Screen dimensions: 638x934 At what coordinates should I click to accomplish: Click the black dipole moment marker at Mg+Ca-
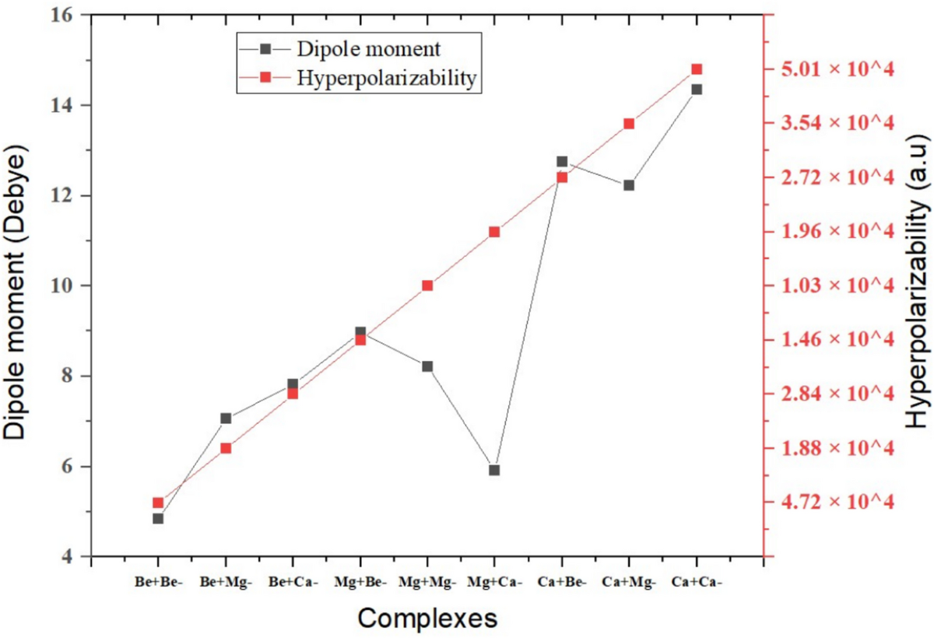tap(494, 470)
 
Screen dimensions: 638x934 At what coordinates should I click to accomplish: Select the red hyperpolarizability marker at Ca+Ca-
tap(697, 69)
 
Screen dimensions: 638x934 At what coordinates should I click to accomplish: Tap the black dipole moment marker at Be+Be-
tap(158, 518)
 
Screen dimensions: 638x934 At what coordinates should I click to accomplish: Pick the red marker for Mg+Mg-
tap(427, 286)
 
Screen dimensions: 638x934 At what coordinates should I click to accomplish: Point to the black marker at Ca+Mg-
tap(629, 185)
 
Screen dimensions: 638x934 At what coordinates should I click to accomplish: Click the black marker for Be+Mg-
tap(226, 419)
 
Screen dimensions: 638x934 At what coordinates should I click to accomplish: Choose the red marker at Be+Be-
tap(158, 503)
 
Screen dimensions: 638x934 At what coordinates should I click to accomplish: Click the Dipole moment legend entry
tap(368, 48)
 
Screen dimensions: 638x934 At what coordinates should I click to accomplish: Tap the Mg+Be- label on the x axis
tap(360, 582)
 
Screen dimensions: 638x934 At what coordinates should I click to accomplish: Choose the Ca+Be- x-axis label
tap(561, 582)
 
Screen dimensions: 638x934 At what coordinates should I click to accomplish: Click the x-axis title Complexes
tap(427, 619)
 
